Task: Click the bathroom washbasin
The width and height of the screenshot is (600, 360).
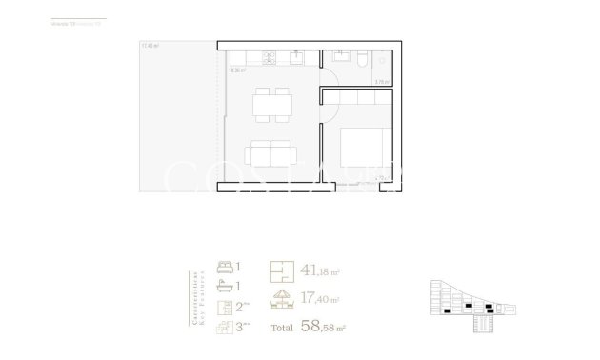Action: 339,59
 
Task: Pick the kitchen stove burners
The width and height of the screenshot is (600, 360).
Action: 270,58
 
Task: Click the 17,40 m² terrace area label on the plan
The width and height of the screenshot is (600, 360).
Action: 148,46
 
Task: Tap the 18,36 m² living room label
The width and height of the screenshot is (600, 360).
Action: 237,70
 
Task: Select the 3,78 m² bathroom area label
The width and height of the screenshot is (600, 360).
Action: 383,82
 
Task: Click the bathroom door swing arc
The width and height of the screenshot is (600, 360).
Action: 333,76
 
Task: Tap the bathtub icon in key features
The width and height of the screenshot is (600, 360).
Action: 225,285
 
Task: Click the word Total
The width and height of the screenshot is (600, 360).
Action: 282,330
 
